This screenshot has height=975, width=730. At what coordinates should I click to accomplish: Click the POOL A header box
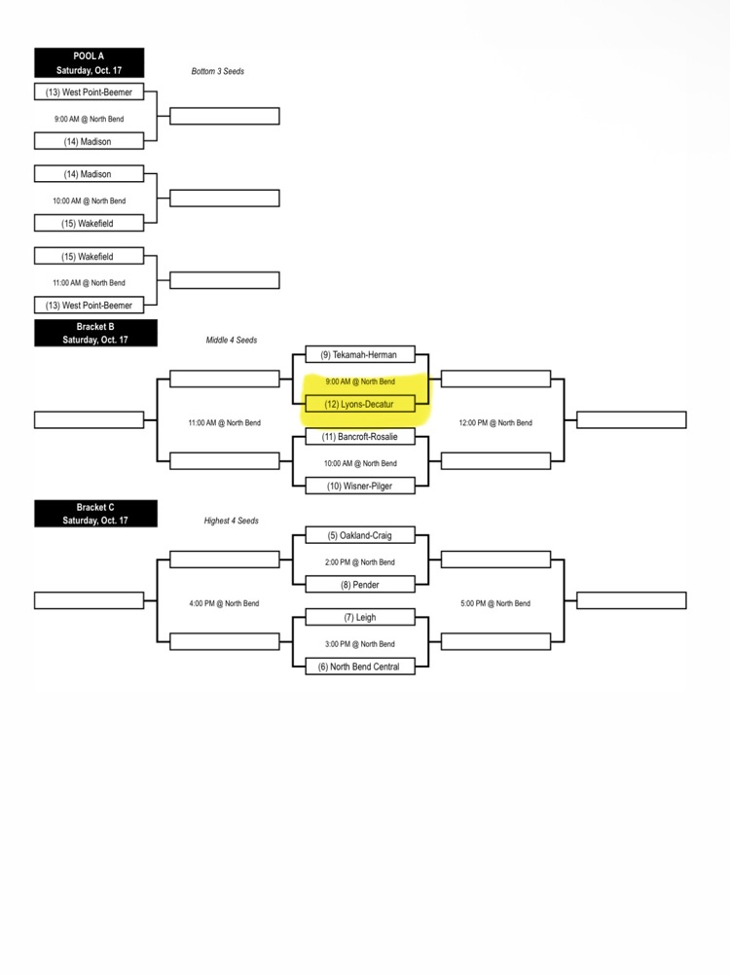click(x=89, y=63)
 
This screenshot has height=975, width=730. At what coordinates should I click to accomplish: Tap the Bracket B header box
click(x=95, y=334)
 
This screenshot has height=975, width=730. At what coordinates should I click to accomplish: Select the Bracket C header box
click(x=95, y=514)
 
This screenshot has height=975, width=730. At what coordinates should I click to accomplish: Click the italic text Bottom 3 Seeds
click(x=218, y=71)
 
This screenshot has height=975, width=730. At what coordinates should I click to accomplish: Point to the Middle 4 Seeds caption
click(x=232, y=341)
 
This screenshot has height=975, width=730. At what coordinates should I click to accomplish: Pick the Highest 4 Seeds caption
click(x=232, y=521)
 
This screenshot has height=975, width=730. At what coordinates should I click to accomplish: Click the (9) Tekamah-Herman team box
click(x=360, y=354)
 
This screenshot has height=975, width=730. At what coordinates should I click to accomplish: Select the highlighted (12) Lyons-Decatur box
click(x=360, y=404)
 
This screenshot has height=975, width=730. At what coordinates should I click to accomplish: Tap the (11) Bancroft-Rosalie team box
click(x=360, y=437)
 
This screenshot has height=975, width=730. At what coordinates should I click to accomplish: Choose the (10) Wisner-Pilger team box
click(x=360, y=486)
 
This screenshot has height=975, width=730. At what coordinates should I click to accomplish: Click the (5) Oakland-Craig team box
click(x=360, y=535)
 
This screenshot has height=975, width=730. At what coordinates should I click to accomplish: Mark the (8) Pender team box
click(x=360, y=585)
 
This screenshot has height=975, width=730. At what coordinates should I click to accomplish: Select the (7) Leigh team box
click(x=360, y=617)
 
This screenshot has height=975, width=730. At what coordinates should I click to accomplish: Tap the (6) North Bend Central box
click(x=360, y=667)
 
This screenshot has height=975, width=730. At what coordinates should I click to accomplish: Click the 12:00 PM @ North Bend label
click(x=495, y=423)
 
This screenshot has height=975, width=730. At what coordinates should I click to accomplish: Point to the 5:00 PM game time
click(x=495, y=603)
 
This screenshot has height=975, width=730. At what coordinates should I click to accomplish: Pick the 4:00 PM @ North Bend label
click(x=225, y=603)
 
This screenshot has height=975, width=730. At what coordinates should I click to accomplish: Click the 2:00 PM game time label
click(x=360, y=562)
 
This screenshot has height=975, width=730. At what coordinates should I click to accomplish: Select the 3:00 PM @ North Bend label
click(x=360, y=644)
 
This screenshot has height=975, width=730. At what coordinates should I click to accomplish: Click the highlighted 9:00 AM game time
click(x=360, y=381)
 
